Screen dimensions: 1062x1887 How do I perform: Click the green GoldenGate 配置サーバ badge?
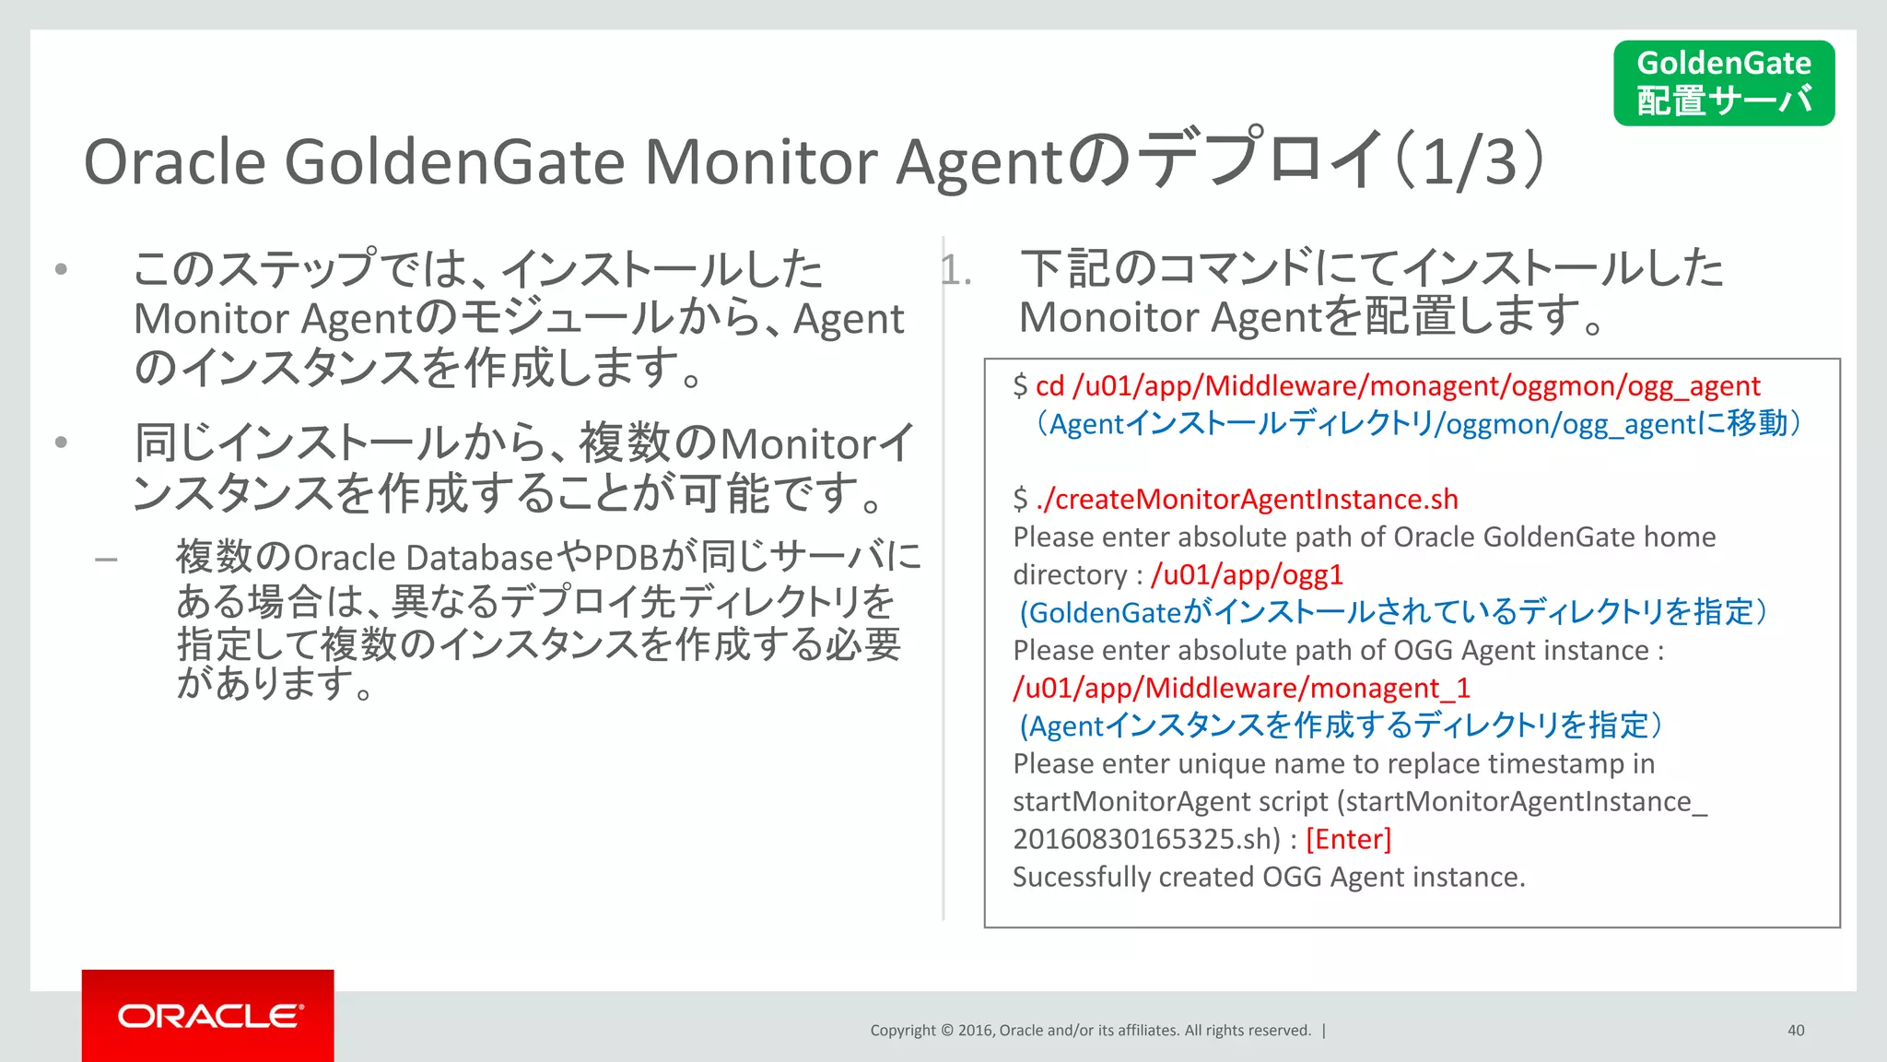(1723, 83)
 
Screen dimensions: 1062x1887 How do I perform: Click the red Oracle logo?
(208, 1015)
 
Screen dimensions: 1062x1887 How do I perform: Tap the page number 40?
(1796, 1031)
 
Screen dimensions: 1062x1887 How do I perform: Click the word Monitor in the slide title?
(761, 162)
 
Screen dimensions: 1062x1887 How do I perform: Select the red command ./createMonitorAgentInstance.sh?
(1247, 500)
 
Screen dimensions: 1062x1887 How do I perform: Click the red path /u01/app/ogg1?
(1247, 575)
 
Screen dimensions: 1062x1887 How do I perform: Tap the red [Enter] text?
(1348, 840)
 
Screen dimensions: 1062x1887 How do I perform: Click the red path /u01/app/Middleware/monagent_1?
(1241, 689)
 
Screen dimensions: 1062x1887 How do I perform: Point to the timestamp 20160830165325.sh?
(1145, 840)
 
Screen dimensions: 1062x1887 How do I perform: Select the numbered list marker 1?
(955, 271)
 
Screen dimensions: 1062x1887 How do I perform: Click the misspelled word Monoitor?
(1109, 318)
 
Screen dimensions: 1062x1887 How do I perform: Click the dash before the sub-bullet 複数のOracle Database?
(106, 559)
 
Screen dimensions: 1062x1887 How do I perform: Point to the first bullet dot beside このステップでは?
(61, 269)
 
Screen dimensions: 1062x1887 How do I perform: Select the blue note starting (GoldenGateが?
(1391, 613)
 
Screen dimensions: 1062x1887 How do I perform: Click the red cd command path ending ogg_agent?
(1397, 386)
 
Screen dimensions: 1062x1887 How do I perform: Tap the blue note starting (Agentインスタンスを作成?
(1340, 726)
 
